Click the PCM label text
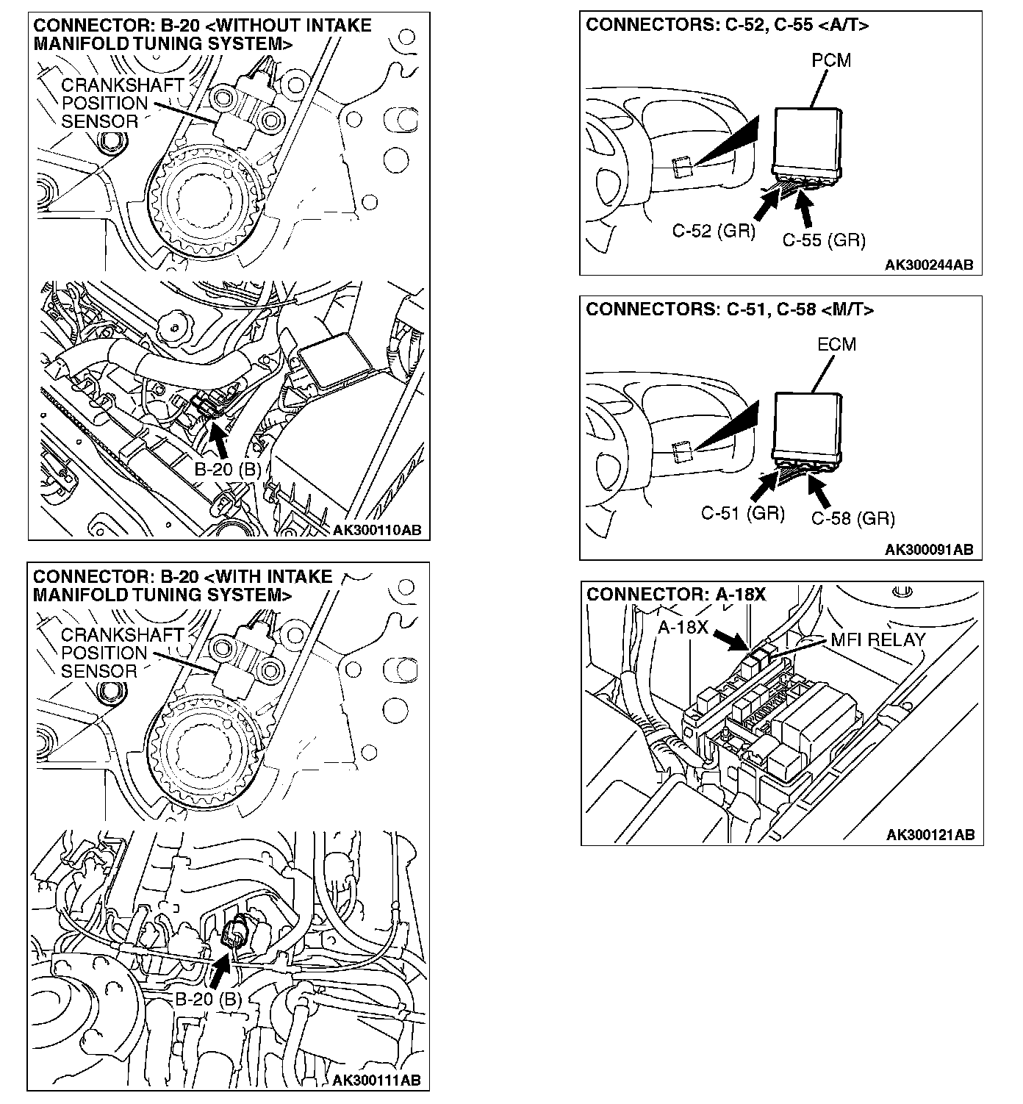pyautogui.click(x=830, y=60)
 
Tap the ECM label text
pyautogui.click(x=836, y=344)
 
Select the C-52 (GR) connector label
pyautogui.click(x=714, y=231)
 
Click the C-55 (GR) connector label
pyautogui.click(x=823, y=240)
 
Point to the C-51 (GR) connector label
pyautogui.click(x=743, y=512)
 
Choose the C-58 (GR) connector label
pyautogui.click(x=852, y=519)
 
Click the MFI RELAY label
pyautogui.click(x=877, y=639)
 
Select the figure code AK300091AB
pyautogui.click(x=929, y=549)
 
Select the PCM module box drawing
pyautogui.click(x=808, y=140)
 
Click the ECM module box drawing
pyautogui.click(x=808, y=424)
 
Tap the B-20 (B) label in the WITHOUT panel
pyautogui.click(x=228, y=469)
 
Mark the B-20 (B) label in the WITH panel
pyautogui.click(x=208, y=1000)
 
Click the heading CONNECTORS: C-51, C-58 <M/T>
pyautogui.click(x=730, y=309)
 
